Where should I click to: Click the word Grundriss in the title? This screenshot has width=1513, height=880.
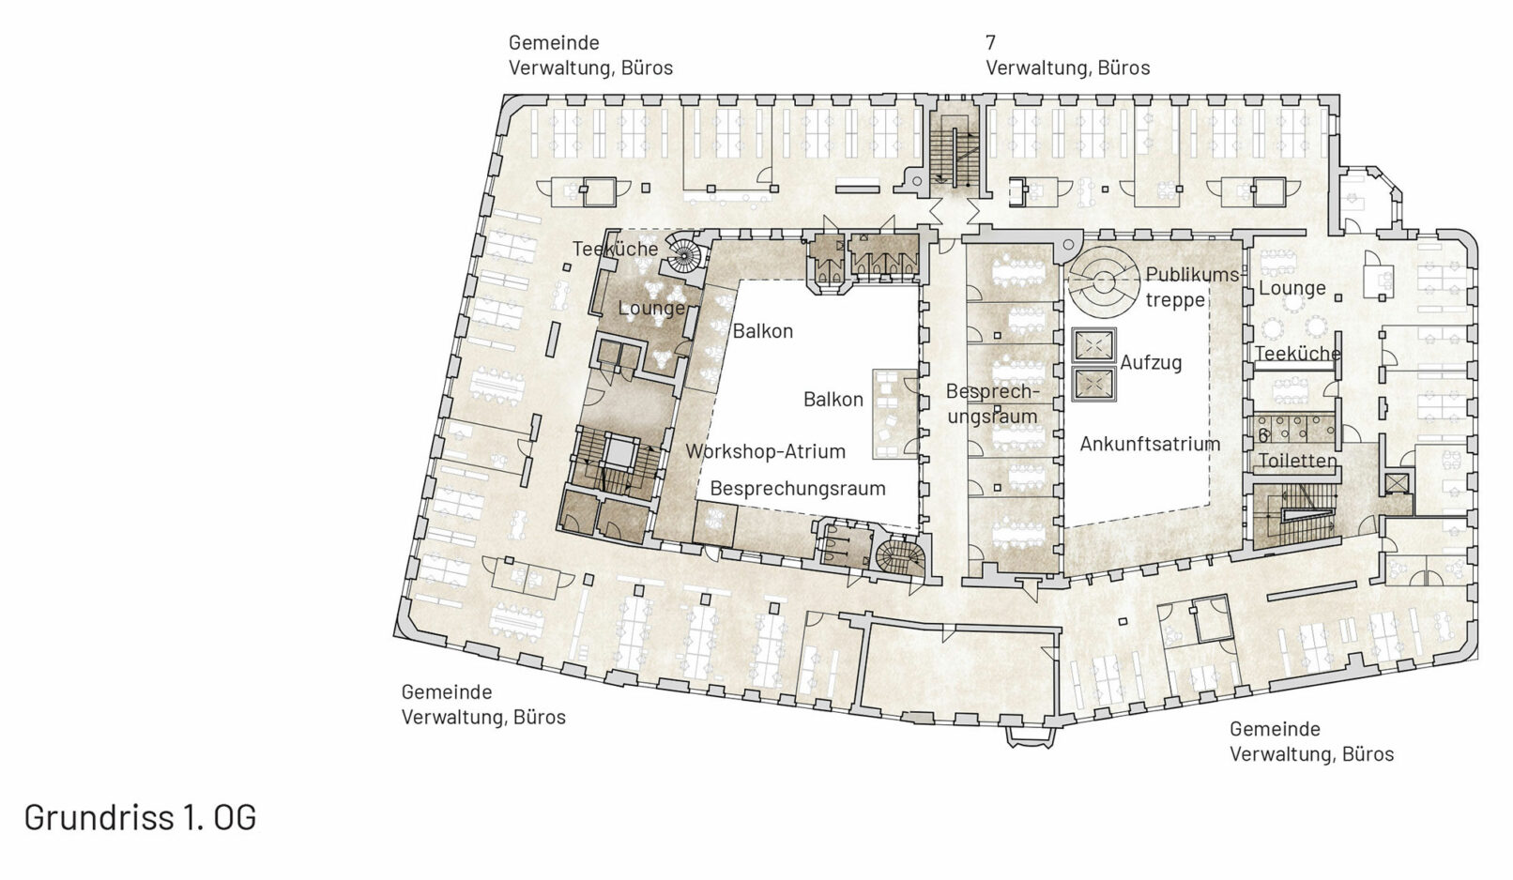click(99, 817)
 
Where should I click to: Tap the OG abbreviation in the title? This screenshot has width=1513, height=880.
click(235, 817)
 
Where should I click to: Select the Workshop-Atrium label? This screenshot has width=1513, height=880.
click(765, 451)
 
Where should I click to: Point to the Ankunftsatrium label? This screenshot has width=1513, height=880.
click(1150, 444)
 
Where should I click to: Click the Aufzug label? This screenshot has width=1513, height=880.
click(1151, 363)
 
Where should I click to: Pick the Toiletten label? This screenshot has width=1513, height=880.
click(1297, 461)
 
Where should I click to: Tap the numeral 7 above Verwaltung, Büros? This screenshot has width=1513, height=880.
click(990, 42)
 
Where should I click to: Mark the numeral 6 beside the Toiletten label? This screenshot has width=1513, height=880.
click(1263, 436)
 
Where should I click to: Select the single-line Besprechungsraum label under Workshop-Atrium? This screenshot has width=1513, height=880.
click(798, 488)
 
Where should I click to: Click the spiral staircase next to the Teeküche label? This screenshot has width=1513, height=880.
click(684, 255)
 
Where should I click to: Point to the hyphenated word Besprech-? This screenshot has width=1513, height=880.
click(992, 391)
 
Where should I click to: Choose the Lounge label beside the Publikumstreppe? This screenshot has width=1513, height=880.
click(1292, 288)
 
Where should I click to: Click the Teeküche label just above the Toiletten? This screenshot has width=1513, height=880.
click(1297, 353)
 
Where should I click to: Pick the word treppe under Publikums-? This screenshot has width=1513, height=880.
click(1175, 300)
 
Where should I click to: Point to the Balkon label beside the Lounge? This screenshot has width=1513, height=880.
click(762, 331)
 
